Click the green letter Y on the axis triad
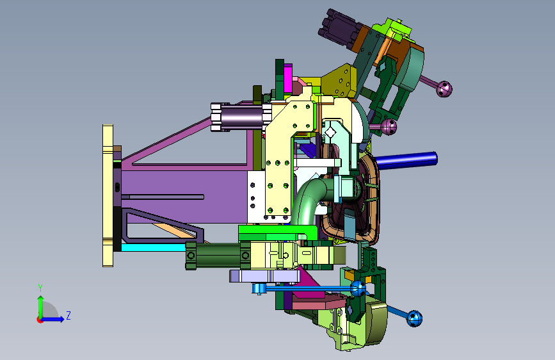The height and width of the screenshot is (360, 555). point(40,288)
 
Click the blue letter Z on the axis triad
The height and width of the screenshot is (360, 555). point(68,315)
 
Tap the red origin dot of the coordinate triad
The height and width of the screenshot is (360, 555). point(40,320)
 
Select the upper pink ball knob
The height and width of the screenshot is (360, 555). point(444,89)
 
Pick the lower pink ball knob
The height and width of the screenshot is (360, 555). point(389,126)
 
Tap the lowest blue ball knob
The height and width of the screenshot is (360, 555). point(414,318)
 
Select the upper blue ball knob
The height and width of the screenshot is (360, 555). point(358,288)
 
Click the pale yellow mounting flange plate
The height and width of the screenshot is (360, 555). point(108,195)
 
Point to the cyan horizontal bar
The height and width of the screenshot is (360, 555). point(154,247)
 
